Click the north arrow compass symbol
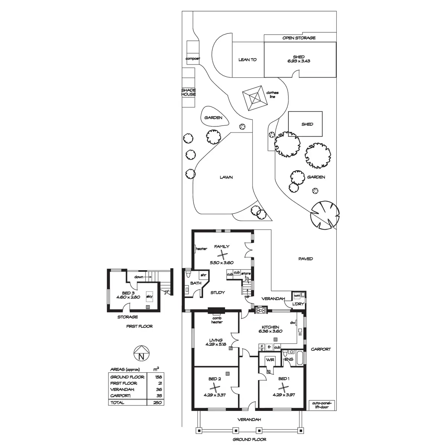pyautogui.click(x=141, y=353)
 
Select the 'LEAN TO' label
pyautogui.click(x=247, y=59)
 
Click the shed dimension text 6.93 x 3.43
pyautogui.click(x=298, y=61)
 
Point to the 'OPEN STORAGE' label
pyautogui.click(x=299, y=38)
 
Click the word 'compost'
pyautogui.click(x=193, y=59)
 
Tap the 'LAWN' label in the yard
pyautogui.click(x=226, y=177)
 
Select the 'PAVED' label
pyautogui.click(x=306, y=259)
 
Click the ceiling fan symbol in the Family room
pyautogui.click(x=222, y=255)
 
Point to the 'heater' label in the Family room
pyautogui.click(x=201, y=249)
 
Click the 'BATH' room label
pyautogui.click(x=195, y=283)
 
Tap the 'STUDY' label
pyautogui.click(x=217, y=293)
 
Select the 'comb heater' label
pyautogui.click(x=217, y=320)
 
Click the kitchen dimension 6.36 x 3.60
pyautogui.click(x=270, y=331)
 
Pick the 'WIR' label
pyautogui.click(x=269, y=360)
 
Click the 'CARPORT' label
pyautogui.click(x=320, y=349)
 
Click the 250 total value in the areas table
pyautogui.click(x=157, y=403)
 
